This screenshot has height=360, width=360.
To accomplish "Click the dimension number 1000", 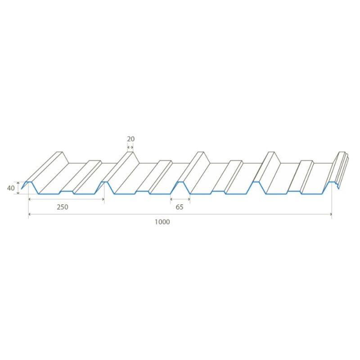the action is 162,222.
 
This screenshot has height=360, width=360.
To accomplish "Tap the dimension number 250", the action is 63,207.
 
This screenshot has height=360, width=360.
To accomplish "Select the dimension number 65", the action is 180,207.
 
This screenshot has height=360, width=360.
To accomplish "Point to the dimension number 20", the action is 130,139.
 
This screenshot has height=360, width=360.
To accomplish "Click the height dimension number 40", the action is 11,188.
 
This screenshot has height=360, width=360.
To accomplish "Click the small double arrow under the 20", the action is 130,147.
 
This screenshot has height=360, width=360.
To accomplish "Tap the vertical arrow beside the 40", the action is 18,188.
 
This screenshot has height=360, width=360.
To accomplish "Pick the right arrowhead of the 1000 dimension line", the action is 331,214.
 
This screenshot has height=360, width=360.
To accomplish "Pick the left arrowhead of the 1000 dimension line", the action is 29,214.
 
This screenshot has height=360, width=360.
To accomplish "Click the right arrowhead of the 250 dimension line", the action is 103,199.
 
